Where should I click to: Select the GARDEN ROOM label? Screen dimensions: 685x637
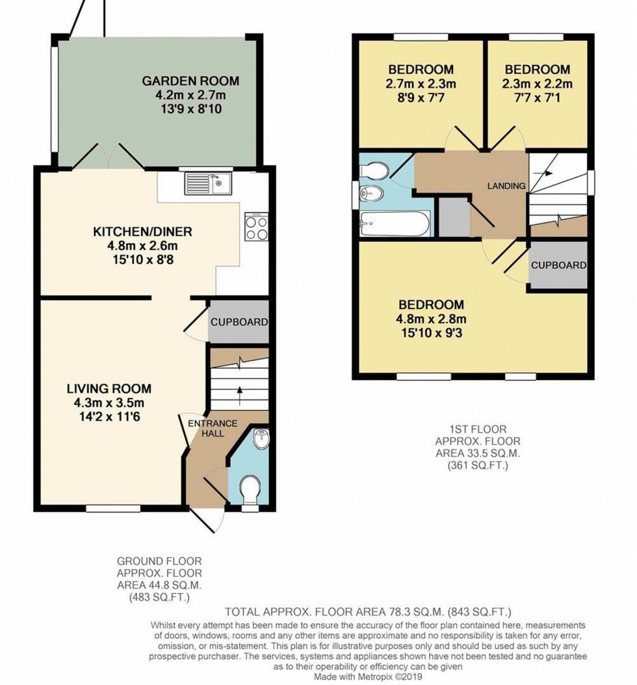190,81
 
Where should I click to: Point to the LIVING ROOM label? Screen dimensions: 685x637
109,389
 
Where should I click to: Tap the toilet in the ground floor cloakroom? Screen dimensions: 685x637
250,487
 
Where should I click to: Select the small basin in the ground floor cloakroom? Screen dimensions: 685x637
263,438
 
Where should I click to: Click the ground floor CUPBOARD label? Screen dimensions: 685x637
239,322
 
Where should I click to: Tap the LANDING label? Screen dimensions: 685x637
506,186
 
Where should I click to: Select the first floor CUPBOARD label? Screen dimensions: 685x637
558,265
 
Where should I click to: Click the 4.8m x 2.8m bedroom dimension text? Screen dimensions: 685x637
432,319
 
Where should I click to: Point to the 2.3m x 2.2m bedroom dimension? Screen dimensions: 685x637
537,83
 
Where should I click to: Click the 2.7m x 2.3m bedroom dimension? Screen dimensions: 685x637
421,83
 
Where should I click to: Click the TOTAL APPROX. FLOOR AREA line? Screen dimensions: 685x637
369,611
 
